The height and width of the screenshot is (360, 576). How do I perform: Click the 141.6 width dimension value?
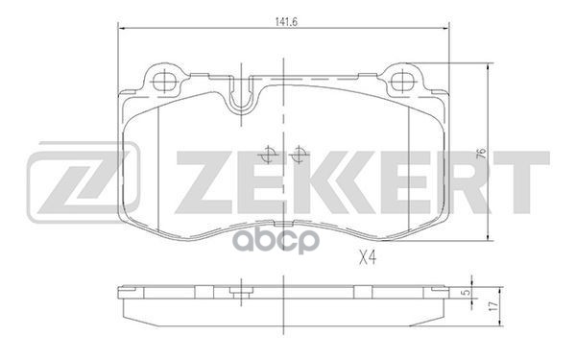[x=286, y=22]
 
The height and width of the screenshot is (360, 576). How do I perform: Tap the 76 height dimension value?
[x=481, y=153]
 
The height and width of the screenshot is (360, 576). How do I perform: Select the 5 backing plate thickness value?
[x=467, y=293]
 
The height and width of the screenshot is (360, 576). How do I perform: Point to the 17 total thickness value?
[x=494, y=306]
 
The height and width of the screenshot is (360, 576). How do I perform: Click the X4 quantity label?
[x=368, y=258]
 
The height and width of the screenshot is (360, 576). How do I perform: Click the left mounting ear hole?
[x=164, y=81]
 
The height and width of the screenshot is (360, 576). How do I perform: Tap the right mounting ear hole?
[x=402, y=81]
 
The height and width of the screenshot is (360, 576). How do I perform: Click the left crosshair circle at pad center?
[x=268, y=155]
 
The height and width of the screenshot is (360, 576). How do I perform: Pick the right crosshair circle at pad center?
[x=299, y=155]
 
